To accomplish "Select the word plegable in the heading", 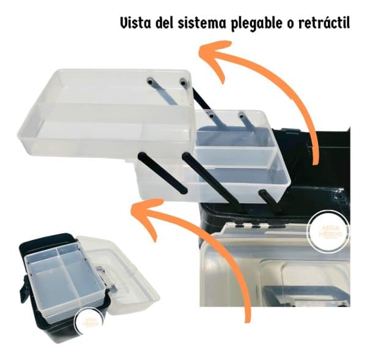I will point(254,24).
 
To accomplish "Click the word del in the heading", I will point(163,24).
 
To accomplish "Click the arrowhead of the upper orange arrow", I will point(214,50).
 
